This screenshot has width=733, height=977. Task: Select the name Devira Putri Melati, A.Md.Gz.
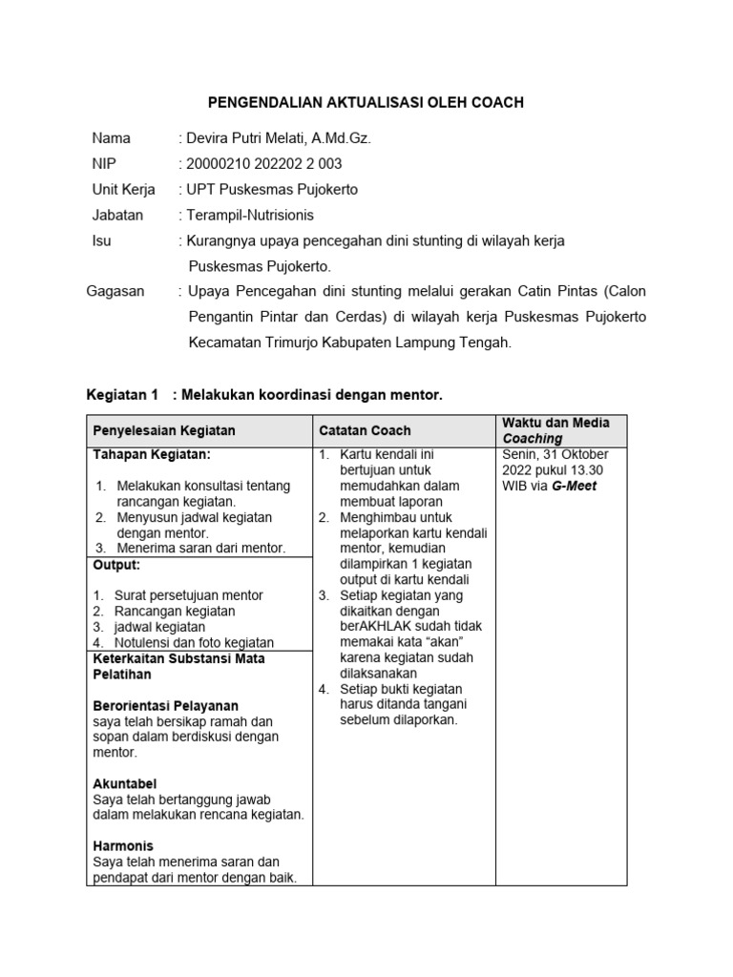click(x=279, y=138)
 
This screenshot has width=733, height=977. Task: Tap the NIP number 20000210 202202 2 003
click(x=264, y=164)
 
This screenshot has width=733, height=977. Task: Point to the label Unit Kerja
click(x=123, y=190)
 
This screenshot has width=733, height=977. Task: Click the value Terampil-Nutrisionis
click(x=250, y=216)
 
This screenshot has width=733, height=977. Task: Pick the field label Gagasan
click(x=115, y=291)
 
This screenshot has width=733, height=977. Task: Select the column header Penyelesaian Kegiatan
click(x=163, y=431)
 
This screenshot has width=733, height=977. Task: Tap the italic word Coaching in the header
click(x=533, y=439)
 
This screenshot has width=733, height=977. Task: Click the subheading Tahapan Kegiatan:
click(x=152, y=455)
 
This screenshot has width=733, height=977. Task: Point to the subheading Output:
click(x=116, y=565)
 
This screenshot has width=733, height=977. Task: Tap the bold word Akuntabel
click(x=125, y=783)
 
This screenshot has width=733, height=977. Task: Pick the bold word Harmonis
click(x=123, y=845)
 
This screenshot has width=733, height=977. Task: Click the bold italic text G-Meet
click(x=574, y=486)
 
